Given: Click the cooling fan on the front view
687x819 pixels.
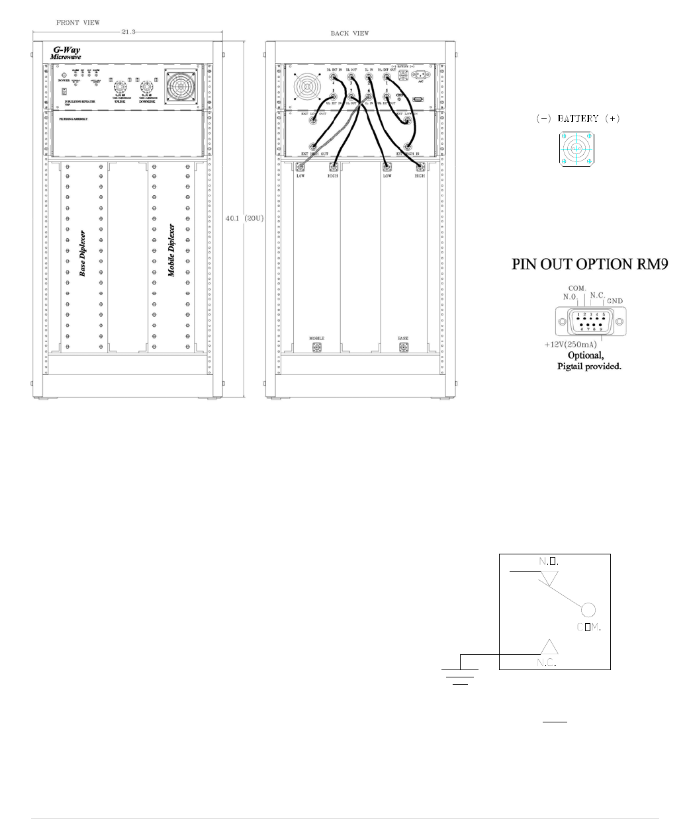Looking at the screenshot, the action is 181,86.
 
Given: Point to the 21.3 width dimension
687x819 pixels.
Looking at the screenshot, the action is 129,31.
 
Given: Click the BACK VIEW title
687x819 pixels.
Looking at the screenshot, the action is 350,33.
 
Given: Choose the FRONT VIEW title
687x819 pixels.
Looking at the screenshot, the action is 78,22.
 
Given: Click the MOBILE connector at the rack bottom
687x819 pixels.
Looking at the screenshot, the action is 316,347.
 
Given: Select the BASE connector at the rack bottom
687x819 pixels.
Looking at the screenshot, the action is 403,347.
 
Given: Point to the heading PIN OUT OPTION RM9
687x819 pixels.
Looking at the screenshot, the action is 590,264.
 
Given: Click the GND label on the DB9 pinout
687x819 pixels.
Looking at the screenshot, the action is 615,301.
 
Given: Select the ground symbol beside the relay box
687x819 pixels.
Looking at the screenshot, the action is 460,675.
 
